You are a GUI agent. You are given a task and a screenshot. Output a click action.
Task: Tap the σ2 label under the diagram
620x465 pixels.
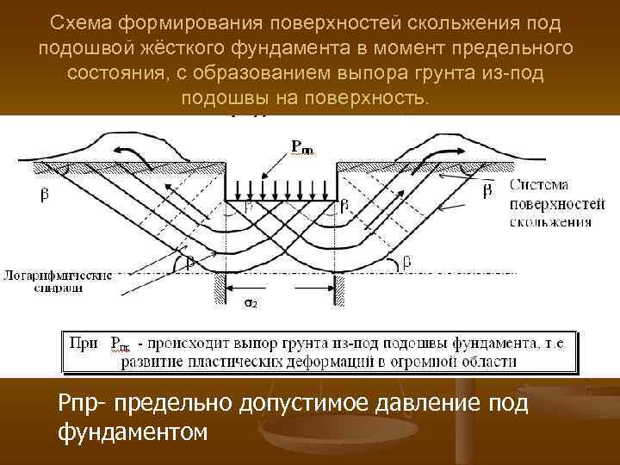(x=248, y=303)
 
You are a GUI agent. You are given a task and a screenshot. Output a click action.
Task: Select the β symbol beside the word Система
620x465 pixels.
(x=487, y=190)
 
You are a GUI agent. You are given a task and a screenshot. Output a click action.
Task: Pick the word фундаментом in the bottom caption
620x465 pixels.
(x=133, y=429)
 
